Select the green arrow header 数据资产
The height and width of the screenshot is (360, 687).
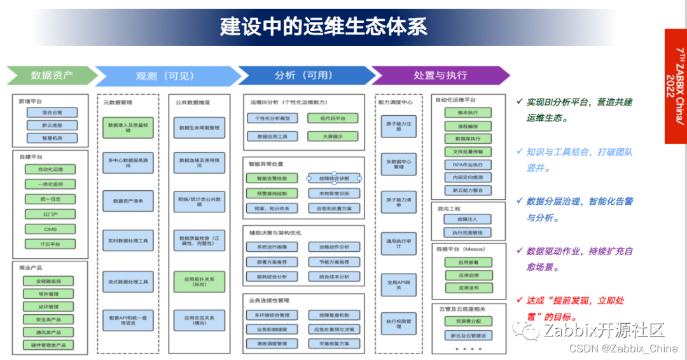point(51,76)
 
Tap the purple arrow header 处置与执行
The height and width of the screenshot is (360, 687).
point(440,76)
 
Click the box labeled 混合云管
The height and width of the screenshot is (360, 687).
point(52,113)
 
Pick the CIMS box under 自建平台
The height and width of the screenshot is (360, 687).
point(50,228)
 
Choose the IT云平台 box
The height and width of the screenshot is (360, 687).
point(50,244)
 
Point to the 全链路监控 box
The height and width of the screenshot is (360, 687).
point(50,281)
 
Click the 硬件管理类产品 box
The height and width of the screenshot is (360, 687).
point(50,345)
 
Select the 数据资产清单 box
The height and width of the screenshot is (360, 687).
point(128,201)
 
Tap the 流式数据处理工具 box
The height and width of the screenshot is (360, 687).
point(128,281)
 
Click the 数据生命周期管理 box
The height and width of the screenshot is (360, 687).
point(199,128)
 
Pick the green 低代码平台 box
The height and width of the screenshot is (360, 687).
point(333,118)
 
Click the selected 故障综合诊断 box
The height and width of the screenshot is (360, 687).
point(334,179)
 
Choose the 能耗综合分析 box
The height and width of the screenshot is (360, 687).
point(272,277)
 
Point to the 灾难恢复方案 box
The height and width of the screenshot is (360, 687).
point(334,343)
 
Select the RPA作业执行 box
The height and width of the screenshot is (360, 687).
point(468,165)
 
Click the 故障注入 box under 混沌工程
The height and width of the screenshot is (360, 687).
point(468,219)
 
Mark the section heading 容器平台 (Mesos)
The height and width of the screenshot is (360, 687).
point(461,249)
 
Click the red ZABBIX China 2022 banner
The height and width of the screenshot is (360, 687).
point(676,86)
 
